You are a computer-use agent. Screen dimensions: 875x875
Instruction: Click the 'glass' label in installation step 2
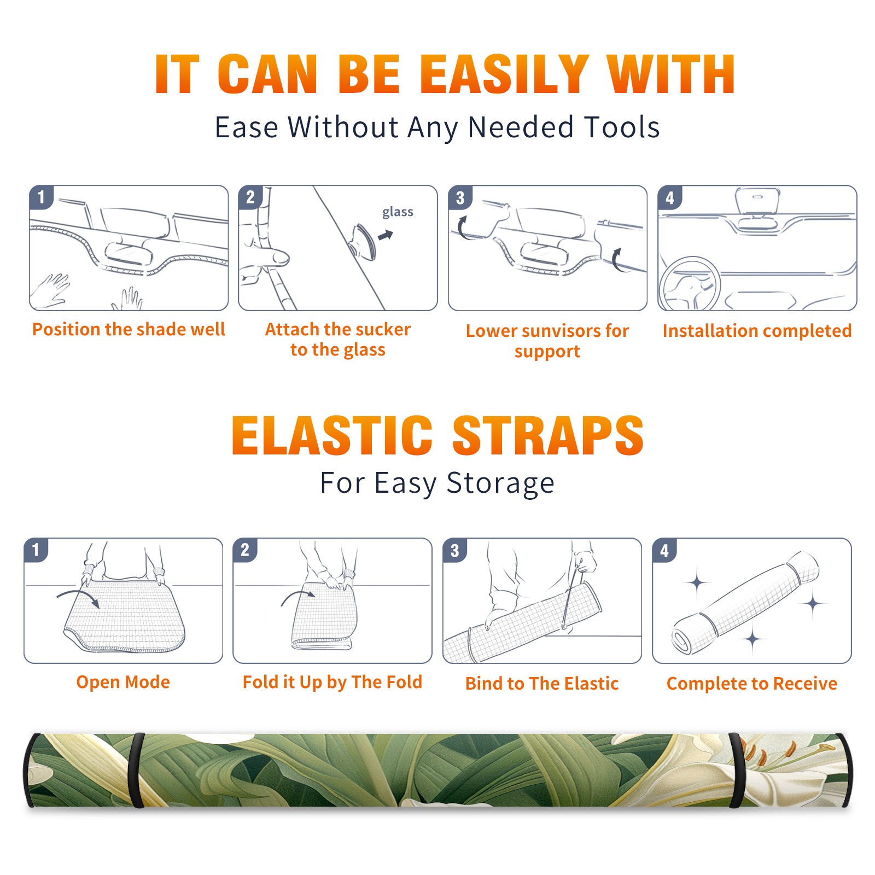pos(398,212)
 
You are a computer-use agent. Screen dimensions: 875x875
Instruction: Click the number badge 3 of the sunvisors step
pos(460,197)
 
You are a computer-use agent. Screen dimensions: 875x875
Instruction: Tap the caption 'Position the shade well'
pos(129,329)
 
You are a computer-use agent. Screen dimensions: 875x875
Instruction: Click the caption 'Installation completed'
pos(757,330)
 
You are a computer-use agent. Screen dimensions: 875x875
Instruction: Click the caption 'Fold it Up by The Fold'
pos(332,682)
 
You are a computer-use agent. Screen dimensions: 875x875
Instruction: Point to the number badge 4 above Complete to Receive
pos(664,550)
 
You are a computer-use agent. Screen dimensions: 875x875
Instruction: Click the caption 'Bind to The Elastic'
pos(542,683)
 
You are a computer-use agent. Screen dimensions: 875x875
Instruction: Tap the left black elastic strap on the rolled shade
pos(136,770)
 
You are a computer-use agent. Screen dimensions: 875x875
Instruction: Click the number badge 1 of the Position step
pos(41,197)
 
